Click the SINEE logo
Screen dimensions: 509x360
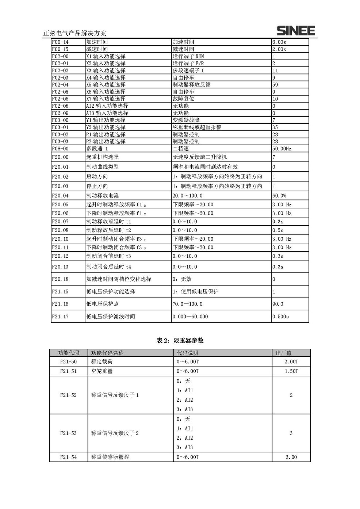[295, 31]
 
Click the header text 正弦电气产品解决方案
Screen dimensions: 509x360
[75, 33]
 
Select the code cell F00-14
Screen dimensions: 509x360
[60, 42]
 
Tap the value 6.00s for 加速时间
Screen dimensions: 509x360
[279, 42]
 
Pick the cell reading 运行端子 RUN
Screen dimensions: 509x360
[188, 56]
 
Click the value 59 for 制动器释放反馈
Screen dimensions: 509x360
[275, 85]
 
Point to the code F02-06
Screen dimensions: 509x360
[60, 99]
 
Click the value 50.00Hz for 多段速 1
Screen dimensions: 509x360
[282, 149]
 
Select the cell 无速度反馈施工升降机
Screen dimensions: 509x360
[200, 157]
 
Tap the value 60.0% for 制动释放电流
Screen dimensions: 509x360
[279, 196]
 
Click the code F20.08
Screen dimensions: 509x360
[60, 230]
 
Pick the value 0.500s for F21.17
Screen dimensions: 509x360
[280, 317]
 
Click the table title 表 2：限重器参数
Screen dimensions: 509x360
[180, 341]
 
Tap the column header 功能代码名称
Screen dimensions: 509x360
[107, 353]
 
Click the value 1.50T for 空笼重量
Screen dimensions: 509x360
[291, 371]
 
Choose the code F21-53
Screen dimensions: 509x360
[68, 433]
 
